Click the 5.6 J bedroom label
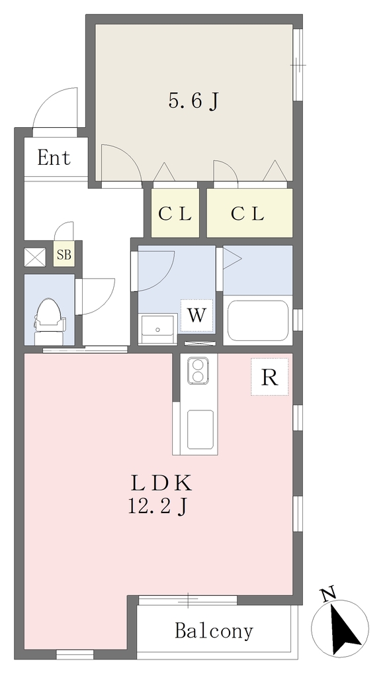point(193,101)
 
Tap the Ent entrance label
point(54,158)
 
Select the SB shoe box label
point(64,255)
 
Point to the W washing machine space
point(196,315)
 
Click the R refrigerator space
point(270,377)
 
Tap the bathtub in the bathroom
point(257,320)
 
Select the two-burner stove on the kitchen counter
point(198,371)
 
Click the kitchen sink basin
point(200,429)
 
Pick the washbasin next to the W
point(158,329)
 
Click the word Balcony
point(214,631)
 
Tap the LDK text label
point(161,483)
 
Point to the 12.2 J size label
point(157,506)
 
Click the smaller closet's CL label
point(175,214)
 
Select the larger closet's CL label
point(247,214)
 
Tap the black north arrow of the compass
point(345,628)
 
